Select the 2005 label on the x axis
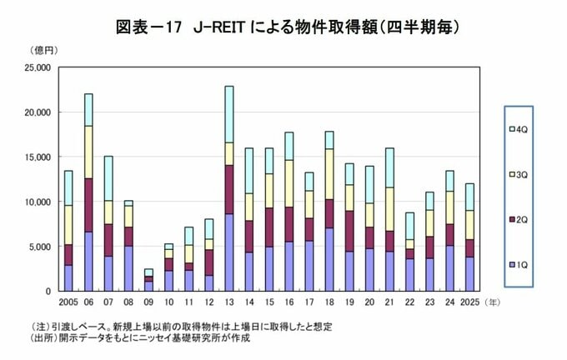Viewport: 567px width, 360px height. tap(68, 301)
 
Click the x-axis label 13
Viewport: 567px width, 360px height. tap(228, 301)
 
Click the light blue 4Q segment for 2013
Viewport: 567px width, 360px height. tap(228, 114)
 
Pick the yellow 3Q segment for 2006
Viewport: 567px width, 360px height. tap(88, 152)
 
